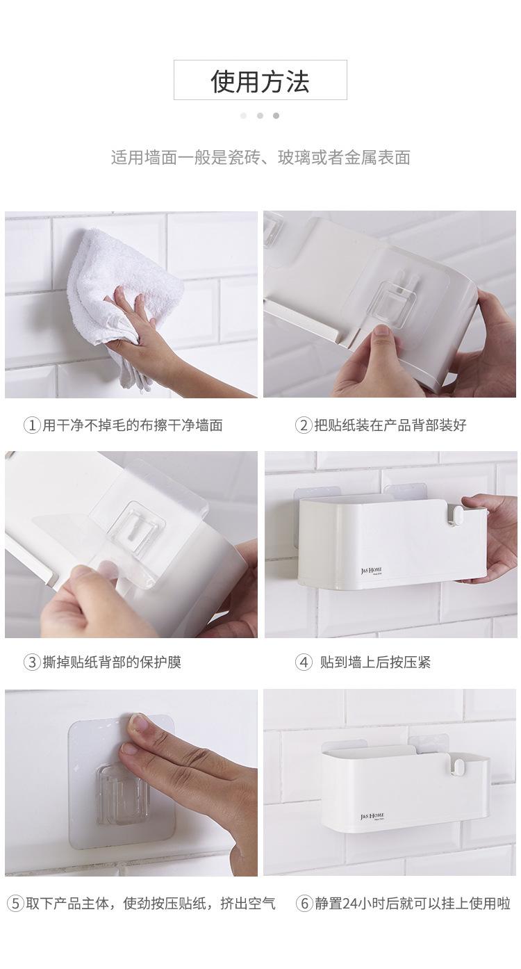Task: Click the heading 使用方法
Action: [260, 81]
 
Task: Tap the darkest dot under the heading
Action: [276, 116]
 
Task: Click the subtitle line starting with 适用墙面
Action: [260, 158]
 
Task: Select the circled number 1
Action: [32, 425]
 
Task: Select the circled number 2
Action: [304, 425]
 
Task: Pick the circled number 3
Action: [32, 662]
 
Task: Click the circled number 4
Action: [304, 662]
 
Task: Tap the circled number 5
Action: [15, 904]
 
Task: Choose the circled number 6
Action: [304, 904]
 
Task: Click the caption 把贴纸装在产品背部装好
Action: [390, 425]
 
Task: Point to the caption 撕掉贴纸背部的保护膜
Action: [111, 662]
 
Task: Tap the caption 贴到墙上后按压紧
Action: [375, 662]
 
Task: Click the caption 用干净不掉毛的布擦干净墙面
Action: [132, 425]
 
